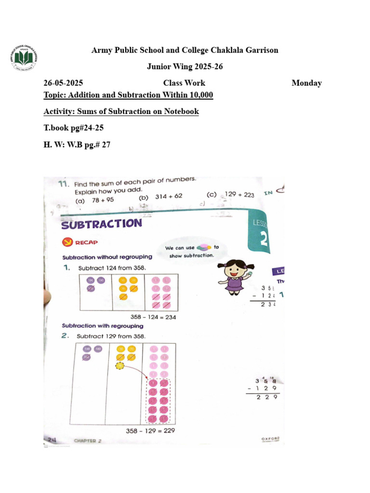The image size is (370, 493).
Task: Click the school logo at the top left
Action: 24,59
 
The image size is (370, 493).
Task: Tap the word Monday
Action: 306,83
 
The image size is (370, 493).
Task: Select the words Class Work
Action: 184,83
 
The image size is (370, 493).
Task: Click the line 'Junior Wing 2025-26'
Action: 185,66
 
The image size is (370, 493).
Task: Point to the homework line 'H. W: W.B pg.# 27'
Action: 77,144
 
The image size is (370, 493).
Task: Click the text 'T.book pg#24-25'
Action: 73,128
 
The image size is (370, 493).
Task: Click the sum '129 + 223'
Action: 237,195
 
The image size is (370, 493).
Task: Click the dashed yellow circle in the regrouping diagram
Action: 120,366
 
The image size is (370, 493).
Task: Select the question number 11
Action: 63,184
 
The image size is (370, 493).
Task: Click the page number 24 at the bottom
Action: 52,439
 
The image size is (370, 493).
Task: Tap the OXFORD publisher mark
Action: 270,440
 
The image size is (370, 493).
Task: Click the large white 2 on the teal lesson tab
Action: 264,239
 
